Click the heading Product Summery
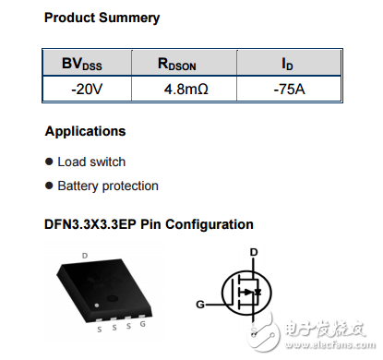102,18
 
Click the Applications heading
85,131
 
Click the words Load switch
91,162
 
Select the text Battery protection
108,186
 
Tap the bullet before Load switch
49,162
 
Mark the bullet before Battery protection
49,186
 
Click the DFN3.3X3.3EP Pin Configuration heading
149,224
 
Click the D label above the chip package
84,254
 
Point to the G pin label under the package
141,326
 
